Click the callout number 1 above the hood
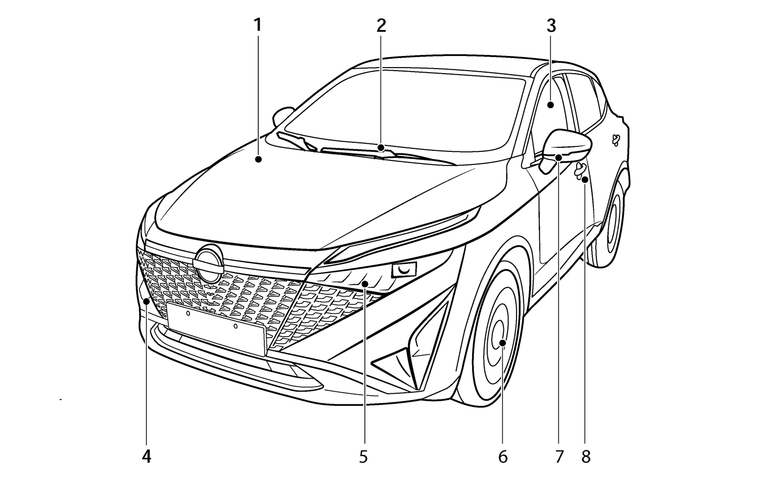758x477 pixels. tap(258, 25)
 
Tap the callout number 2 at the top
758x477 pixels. tap(382, 25)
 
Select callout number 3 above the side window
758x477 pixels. tap(551, 25)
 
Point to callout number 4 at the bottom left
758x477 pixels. tap(147, 457)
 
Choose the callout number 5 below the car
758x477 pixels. tap(363, 457)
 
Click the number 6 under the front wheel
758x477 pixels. tap(503, 457)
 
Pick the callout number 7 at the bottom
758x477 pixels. tap(559, 457)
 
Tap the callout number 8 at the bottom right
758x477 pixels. tap(586, 457)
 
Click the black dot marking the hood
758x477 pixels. tap(259, 159)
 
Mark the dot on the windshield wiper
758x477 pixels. tap(382, 148)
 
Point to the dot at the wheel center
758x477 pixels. tap(503, 343)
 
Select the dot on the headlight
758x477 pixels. tap(364, 284)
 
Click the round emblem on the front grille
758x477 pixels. tap(208, 264)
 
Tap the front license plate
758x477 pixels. tap(217, 329)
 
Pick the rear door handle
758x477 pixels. tap(616, 140)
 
